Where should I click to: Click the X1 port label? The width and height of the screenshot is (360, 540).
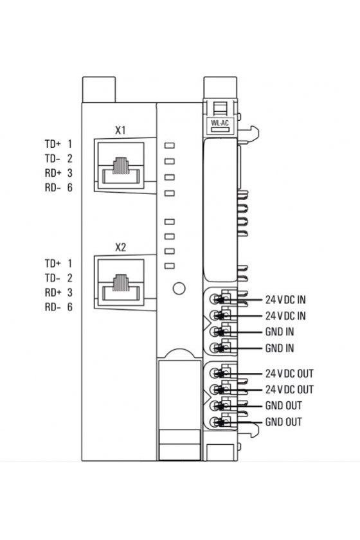[120, 130]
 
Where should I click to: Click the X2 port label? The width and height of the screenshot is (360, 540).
[120, 248]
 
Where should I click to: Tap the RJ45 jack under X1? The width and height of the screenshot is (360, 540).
[121, 166]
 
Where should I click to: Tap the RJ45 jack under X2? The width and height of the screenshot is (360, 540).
[121, 282]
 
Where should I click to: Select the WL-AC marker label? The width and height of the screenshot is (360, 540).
[220, 123]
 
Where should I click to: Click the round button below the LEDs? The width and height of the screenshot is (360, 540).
[179, 288]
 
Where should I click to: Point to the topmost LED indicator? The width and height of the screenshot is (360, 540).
[170, 145]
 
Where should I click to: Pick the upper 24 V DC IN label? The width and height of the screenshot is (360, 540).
[285, 300]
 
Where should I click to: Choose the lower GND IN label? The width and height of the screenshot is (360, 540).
[280, 348]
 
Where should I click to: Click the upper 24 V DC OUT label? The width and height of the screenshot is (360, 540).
[289, 373]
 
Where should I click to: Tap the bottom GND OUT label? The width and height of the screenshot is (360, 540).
[283, 422]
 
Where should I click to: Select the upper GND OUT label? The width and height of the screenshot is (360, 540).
[283, 406]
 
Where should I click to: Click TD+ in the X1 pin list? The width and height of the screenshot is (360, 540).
[52, 143]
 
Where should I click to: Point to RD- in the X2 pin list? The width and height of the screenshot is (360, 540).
[52, 307]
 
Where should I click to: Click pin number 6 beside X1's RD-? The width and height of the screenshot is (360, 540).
[70, 188]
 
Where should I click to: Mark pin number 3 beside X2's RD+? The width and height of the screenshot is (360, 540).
[70, 292]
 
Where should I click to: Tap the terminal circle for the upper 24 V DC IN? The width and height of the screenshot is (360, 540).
[214, 299]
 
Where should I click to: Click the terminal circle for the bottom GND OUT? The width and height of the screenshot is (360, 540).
[214, 422]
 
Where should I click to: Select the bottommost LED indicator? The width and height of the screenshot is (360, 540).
[170, 266]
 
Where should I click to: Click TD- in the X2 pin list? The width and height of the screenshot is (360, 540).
[52, 278]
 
